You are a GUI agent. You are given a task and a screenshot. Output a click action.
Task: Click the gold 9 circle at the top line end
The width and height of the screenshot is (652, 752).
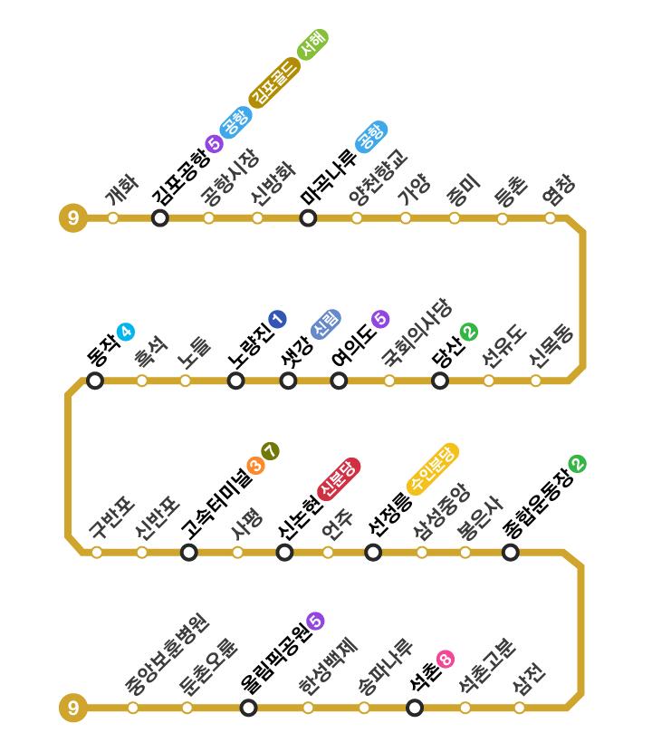(x=72, y=218)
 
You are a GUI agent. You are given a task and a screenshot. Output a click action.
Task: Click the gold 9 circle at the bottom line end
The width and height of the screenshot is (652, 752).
(x=72, y=708)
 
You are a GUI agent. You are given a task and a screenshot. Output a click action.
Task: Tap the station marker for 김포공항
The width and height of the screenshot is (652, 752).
(x=160, y=218)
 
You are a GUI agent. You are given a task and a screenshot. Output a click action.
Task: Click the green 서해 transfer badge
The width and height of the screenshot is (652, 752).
(x=312, y=43)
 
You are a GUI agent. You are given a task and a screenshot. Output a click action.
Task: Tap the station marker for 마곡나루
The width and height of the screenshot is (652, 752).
(x=308, y=218)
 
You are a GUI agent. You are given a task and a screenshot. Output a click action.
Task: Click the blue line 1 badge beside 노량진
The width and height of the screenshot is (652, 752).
(x=277, y=319)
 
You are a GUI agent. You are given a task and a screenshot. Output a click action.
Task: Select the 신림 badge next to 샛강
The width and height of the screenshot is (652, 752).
(x=326, y=323)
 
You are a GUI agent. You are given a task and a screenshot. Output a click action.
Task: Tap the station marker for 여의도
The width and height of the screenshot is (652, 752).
(x=339, y=381)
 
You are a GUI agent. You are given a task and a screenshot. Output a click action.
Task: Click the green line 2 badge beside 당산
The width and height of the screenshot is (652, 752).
(x=468, y=333)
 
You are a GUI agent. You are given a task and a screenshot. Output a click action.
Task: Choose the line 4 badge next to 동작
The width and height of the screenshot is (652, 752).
(x=125, y=332)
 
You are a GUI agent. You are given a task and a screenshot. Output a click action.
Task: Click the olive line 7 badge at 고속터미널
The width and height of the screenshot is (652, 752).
(x=270, y=451)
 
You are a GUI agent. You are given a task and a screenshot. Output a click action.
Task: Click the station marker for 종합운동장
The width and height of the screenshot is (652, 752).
(x=511, y=552)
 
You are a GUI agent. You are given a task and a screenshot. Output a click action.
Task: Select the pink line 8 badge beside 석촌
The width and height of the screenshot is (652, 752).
(x=445, y=659)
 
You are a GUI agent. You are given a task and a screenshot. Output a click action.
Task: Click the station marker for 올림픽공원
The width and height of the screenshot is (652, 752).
(x=249, y=708)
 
